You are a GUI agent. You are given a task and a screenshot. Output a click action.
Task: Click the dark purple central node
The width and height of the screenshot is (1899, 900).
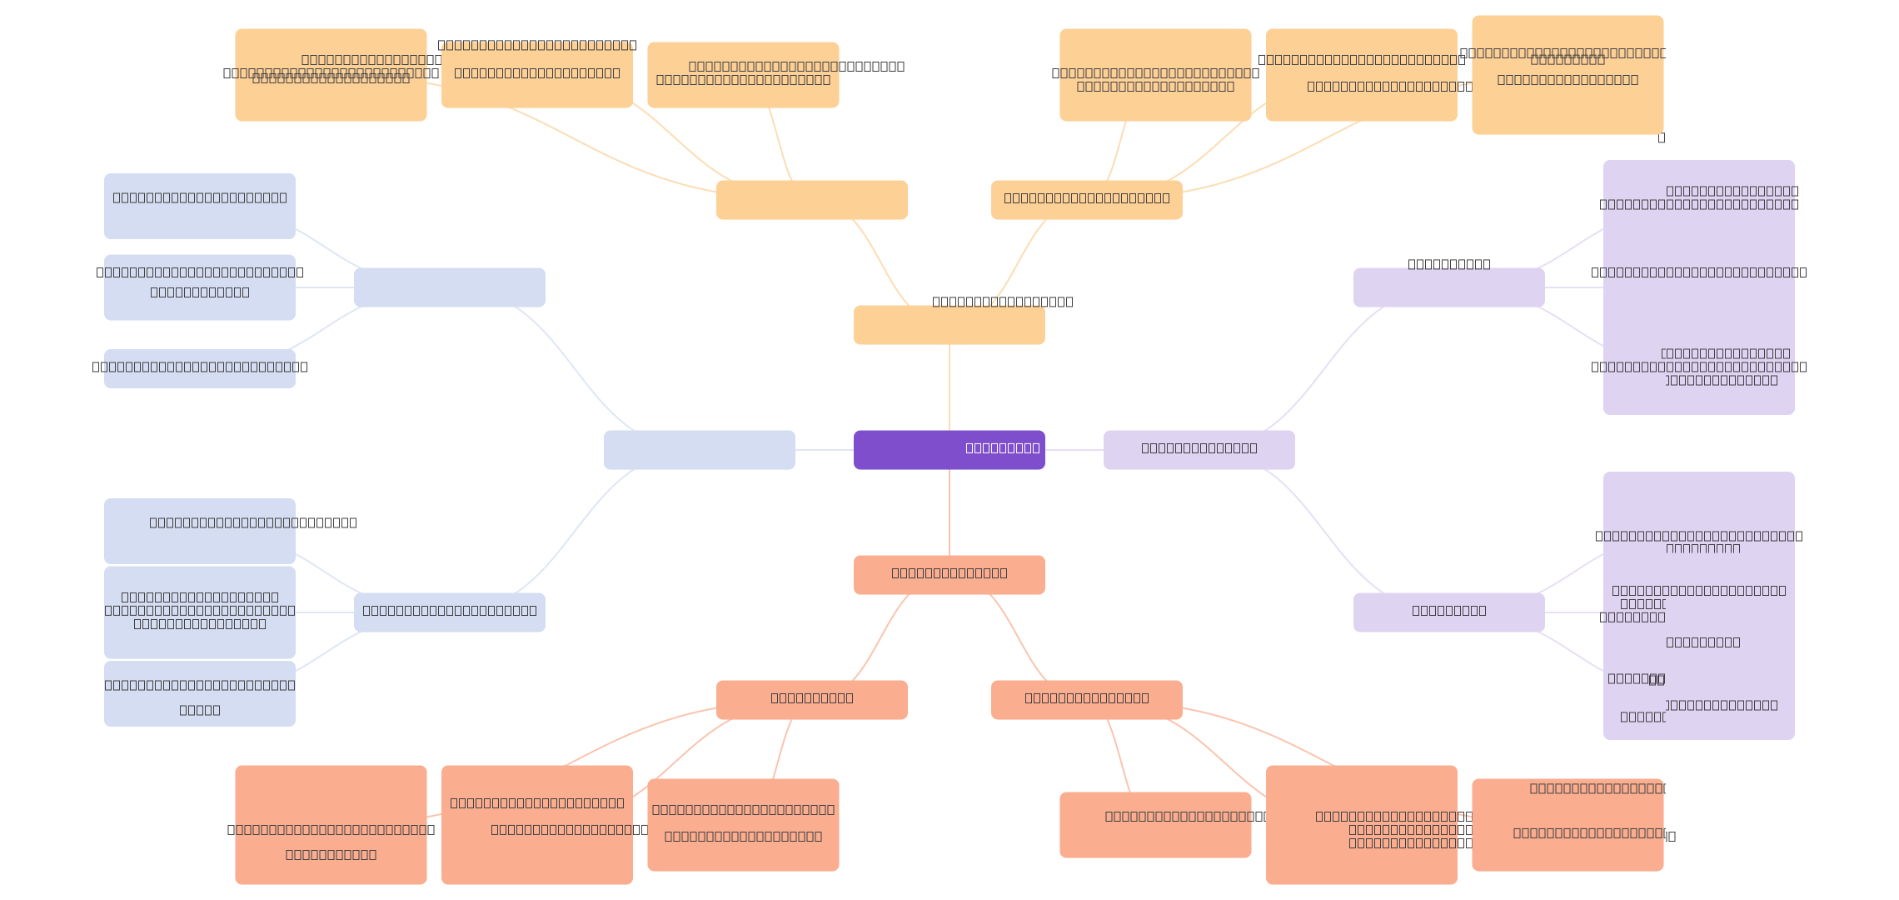(949, 450)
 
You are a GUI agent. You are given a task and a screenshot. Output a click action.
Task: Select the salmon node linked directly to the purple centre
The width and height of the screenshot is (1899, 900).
(949, 575)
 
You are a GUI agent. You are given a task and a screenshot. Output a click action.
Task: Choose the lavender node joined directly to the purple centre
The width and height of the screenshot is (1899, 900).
(1199, 450)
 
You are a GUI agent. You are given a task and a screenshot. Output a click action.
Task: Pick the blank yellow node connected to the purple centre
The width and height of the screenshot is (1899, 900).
(949, 325)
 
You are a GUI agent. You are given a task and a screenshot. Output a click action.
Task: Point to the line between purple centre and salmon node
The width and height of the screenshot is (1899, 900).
(949, 512)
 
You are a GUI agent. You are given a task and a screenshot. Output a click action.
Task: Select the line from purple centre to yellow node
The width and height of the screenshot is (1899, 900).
(949, 387)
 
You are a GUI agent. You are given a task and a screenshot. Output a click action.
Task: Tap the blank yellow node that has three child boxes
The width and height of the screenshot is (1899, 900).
(811, 200)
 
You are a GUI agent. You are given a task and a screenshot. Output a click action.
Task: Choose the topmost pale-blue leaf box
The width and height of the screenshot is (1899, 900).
(199, 206)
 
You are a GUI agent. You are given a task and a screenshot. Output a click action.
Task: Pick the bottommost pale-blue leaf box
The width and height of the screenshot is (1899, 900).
(199, 693)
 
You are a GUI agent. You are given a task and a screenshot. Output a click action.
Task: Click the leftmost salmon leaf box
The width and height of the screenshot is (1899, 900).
(331, 825)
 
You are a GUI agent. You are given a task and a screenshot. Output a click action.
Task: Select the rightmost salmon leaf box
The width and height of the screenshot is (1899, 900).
(1568, 825)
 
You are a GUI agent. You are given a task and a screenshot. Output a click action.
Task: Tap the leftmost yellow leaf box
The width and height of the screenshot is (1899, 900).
(331, 75)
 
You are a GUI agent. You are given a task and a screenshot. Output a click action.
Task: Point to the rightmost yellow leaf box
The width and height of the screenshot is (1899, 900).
(1568, 75)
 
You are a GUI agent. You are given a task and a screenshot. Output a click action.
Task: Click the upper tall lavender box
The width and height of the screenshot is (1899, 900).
(1698, 287)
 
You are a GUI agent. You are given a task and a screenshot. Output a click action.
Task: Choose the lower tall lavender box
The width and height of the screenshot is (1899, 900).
(1698, 606)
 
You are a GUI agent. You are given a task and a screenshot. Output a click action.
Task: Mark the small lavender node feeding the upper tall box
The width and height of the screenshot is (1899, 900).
(1448, 287)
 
